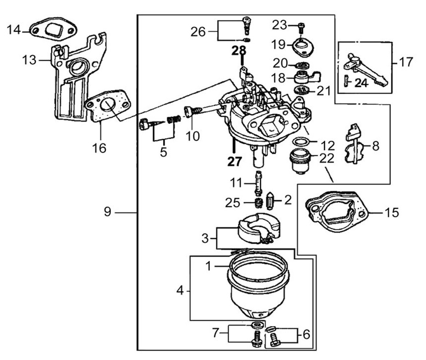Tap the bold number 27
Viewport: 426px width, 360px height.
click(x=234, y=161)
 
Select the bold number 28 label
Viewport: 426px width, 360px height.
click(x=238, y=51)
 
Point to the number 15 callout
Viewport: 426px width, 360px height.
click(x=391, y=213)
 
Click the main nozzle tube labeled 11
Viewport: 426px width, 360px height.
click(x=258, y=183)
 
